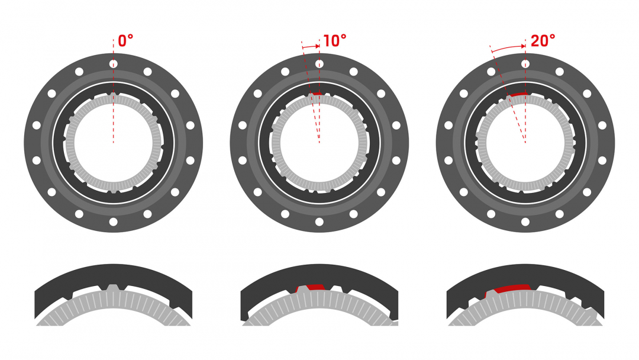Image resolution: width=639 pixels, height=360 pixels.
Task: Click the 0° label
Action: click(x=125, y=41)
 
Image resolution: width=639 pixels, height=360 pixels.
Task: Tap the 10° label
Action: click(x=334, y=41)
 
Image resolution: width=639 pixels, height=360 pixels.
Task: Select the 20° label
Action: click(x=543, y=41)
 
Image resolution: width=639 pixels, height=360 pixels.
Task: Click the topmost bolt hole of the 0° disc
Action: click(x=113, y=64)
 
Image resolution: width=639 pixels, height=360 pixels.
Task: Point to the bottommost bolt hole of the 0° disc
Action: click(x=113, y=222)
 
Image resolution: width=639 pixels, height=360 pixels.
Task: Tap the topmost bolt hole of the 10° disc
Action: click(x=319, y=64)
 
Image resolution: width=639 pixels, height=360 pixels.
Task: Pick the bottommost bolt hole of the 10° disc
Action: click(x=319, y=222)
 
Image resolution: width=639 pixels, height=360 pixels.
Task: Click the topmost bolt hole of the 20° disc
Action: click(x=525, y=64)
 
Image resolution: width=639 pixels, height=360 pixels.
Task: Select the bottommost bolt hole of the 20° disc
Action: click(x=525, y=222)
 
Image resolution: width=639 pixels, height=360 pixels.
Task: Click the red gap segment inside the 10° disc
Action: click(x=316, y=94)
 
